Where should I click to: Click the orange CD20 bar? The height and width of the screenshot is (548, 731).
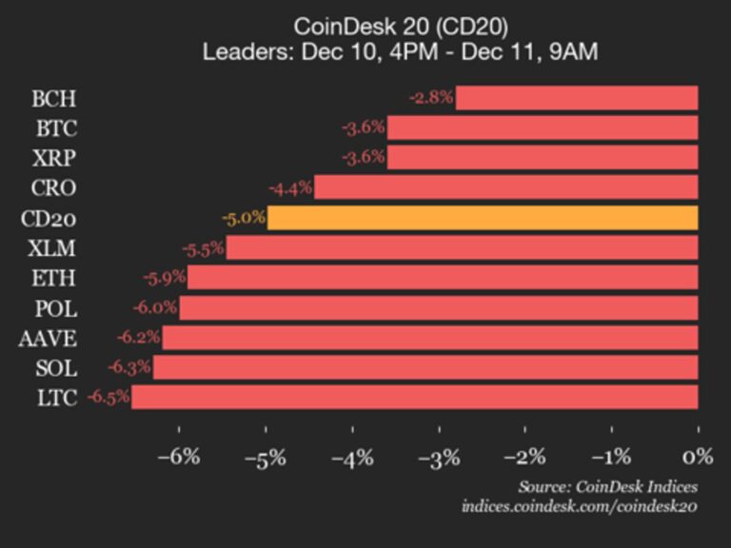(x=483, y=218)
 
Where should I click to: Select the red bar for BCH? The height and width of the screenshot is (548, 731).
(x=577, y=98)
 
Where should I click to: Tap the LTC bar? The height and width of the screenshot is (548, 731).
(x=415, y=397)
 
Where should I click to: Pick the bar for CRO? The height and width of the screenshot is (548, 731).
(x=506, y=187)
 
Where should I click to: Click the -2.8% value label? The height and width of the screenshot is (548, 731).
(x=431, y=98)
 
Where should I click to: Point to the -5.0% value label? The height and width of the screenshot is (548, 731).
(x=244, y=218)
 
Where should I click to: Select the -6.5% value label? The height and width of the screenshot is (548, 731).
(x=109, y=397)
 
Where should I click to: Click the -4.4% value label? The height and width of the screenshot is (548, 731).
(x=291, y=187)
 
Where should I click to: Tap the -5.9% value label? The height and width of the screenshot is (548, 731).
(x=164, y=278)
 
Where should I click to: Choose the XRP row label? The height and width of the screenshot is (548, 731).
(x=54, y=158)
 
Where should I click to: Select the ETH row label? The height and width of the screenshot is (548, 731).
(x=53, y=278)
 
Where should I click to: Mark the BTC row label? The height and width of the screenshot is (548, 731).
(x=54, y=128)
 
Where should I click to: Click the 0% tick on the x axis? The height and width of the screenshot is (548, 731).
(x=698, y=457)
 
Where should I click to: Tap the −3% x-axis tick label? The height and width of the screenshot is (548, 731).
(x=438, y=457)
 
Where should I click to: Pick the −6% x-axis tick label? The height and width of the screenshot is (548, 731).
(x=179, y=457)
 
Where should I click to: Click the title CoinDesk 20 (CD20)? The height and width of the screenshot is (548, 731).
(x=400, y=26)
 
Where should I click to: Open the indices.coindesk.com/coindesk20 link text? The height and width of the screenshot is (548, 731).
(x=580, y=506)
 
